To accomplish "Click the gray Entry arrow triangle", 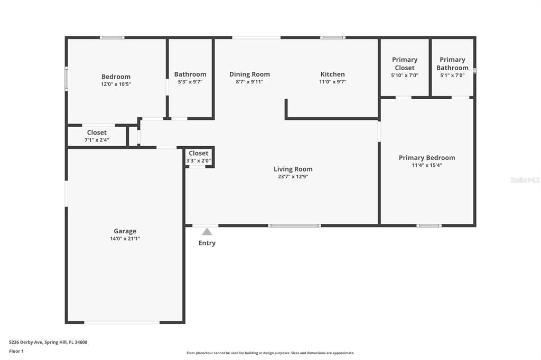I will [x=207, y=232].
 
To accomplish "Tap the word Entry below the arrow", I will [x=207, y=243].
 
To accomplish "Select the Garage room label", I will [x=125, y=231].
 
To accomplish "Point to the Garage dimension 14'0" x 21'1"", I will [x=125, y=239].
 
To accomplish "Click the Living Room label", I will [x=293, y=169].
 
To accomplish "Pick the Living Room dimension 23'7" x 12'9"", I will [x=293, y=177].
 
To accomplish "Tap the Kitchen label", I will [x=333, y=74].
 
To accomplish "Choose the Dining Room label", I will [x=249, y=74].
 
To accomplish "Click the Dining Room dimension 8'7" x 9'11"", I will [x=249, y=82].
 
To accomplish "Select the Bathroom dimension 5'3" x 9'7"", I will [x=190, y=82].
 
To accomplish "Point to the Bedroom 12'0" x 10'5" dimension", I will [x=116, y=84].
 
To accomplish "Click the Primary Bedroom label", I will [x=427, y=158].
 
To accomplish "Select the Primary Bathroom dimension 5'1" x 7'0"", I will [x=452, y=75].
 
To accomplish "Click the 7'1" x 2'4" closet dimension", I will [x=97, y=140].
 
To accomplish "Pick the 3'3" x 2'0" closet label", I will [x=199, y=154].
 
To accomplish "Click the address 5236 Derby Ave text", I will [x=48, y=342].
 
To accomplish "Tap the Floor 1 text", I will [x=16, y=351].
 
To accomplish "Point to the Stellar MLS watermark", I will [x=525, y=180].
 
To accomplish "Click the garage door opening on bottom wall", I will [x=122, y=322].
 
